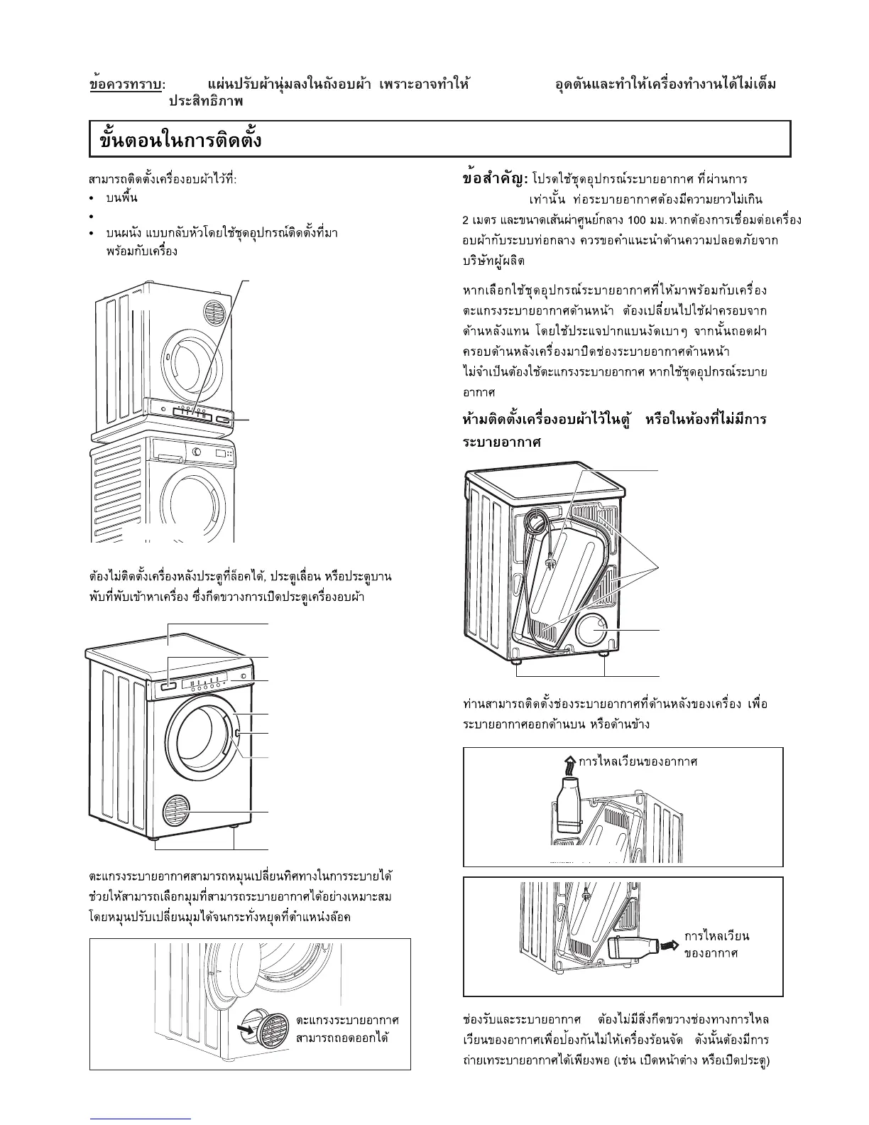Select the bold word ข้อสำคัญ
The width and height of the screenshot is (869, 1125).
493,178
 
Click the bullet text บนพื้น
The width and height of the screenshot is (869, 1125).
121,197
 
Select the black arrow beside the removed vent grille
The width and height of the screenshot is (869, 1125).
245,1028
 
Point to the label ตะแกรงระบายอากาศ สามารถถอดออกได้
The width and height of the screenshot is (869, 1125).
347,1028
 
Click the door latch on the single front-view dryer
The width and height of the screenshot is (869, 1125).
238,733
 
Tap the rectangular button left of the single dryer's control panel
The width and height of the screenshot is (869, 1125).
168,685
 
